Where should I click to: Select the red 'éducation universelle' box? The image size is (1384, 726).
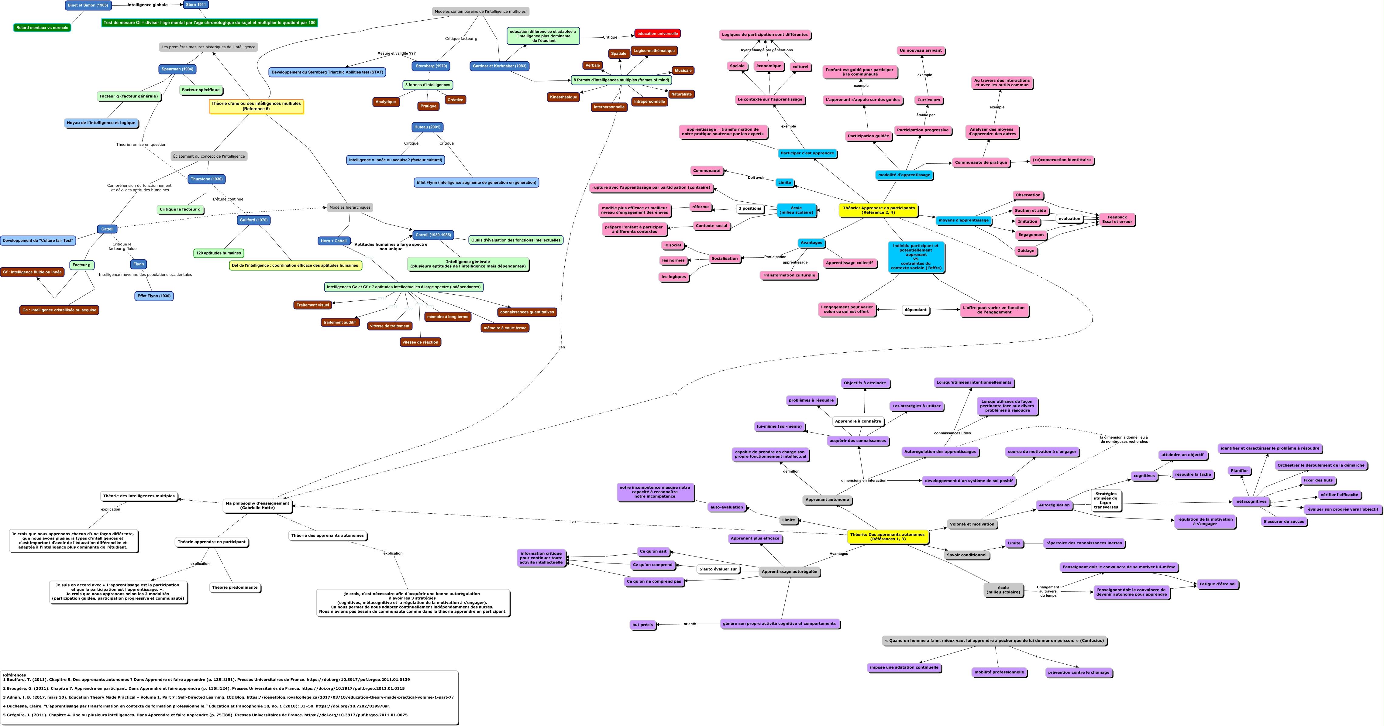(x=657, y=33)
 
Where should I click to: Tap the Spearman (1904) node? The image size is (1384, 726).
(x=177, y=69)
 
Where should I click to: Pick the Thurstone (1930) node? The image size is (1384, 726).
(x=206, y=179)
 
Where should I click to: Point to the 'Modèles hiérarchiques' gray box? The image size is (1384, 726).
(x=350, y=207)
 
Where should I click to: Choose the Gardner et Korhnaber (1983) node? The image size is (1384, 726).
(x=499, y=66)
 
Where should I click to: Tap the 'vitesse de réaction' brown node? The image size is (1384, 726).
(x=420, y=342)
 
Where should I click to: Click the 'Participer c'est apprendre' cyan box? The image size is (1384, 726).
(x=807, y=153)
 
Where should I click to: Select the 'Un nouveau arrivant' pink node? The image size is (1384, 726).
(x=920, y=50)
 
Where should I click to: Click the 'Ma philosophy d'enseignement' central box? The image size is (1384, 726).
(x=257, y=505)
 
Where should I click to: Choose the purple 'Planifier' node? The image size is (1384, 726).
(x=1239, y=471)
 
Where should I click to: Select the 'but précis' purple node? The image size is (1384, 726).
(x=642, y=625)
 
